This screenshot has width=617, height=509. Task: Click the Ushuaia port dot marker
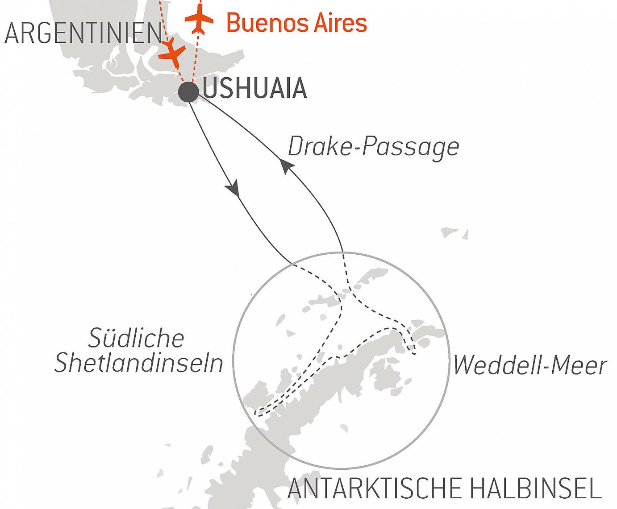pyautogui.click(x=188, y=92)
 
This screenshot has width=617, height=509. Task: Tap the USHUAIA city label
pyautogui.click(x=255, y=89)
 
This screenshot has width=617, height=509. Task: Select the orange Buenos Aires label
pyautogui.click(x=296, y=23)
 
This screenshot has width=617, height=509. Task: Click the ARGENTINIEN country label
pyautogui.click(x=83, y=33)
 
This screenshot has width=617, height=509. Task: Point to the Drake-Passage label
pyautogui.click(x=373, y=146)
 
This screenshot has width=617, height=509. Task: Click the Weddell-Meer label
pyautogui.click(x=529, y=365)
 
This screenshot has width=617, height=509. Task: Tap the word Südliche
pyautogui.click(x=136, y=338)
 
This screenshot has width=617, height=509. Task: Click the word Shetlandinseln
pyautogui.click(x=138, y=363)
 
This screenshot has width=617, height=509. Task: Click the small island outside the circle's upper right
pyautogui.click(x=454, y=233)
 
